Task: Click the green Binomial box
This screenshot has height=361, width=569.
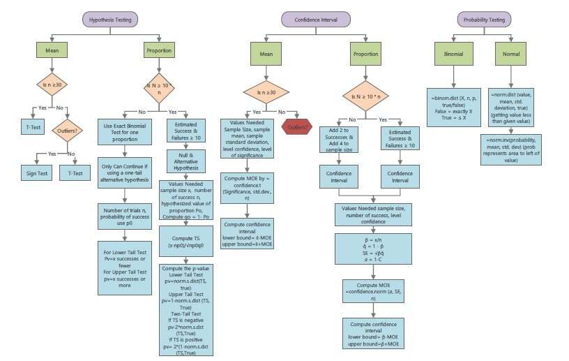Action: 453,53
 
